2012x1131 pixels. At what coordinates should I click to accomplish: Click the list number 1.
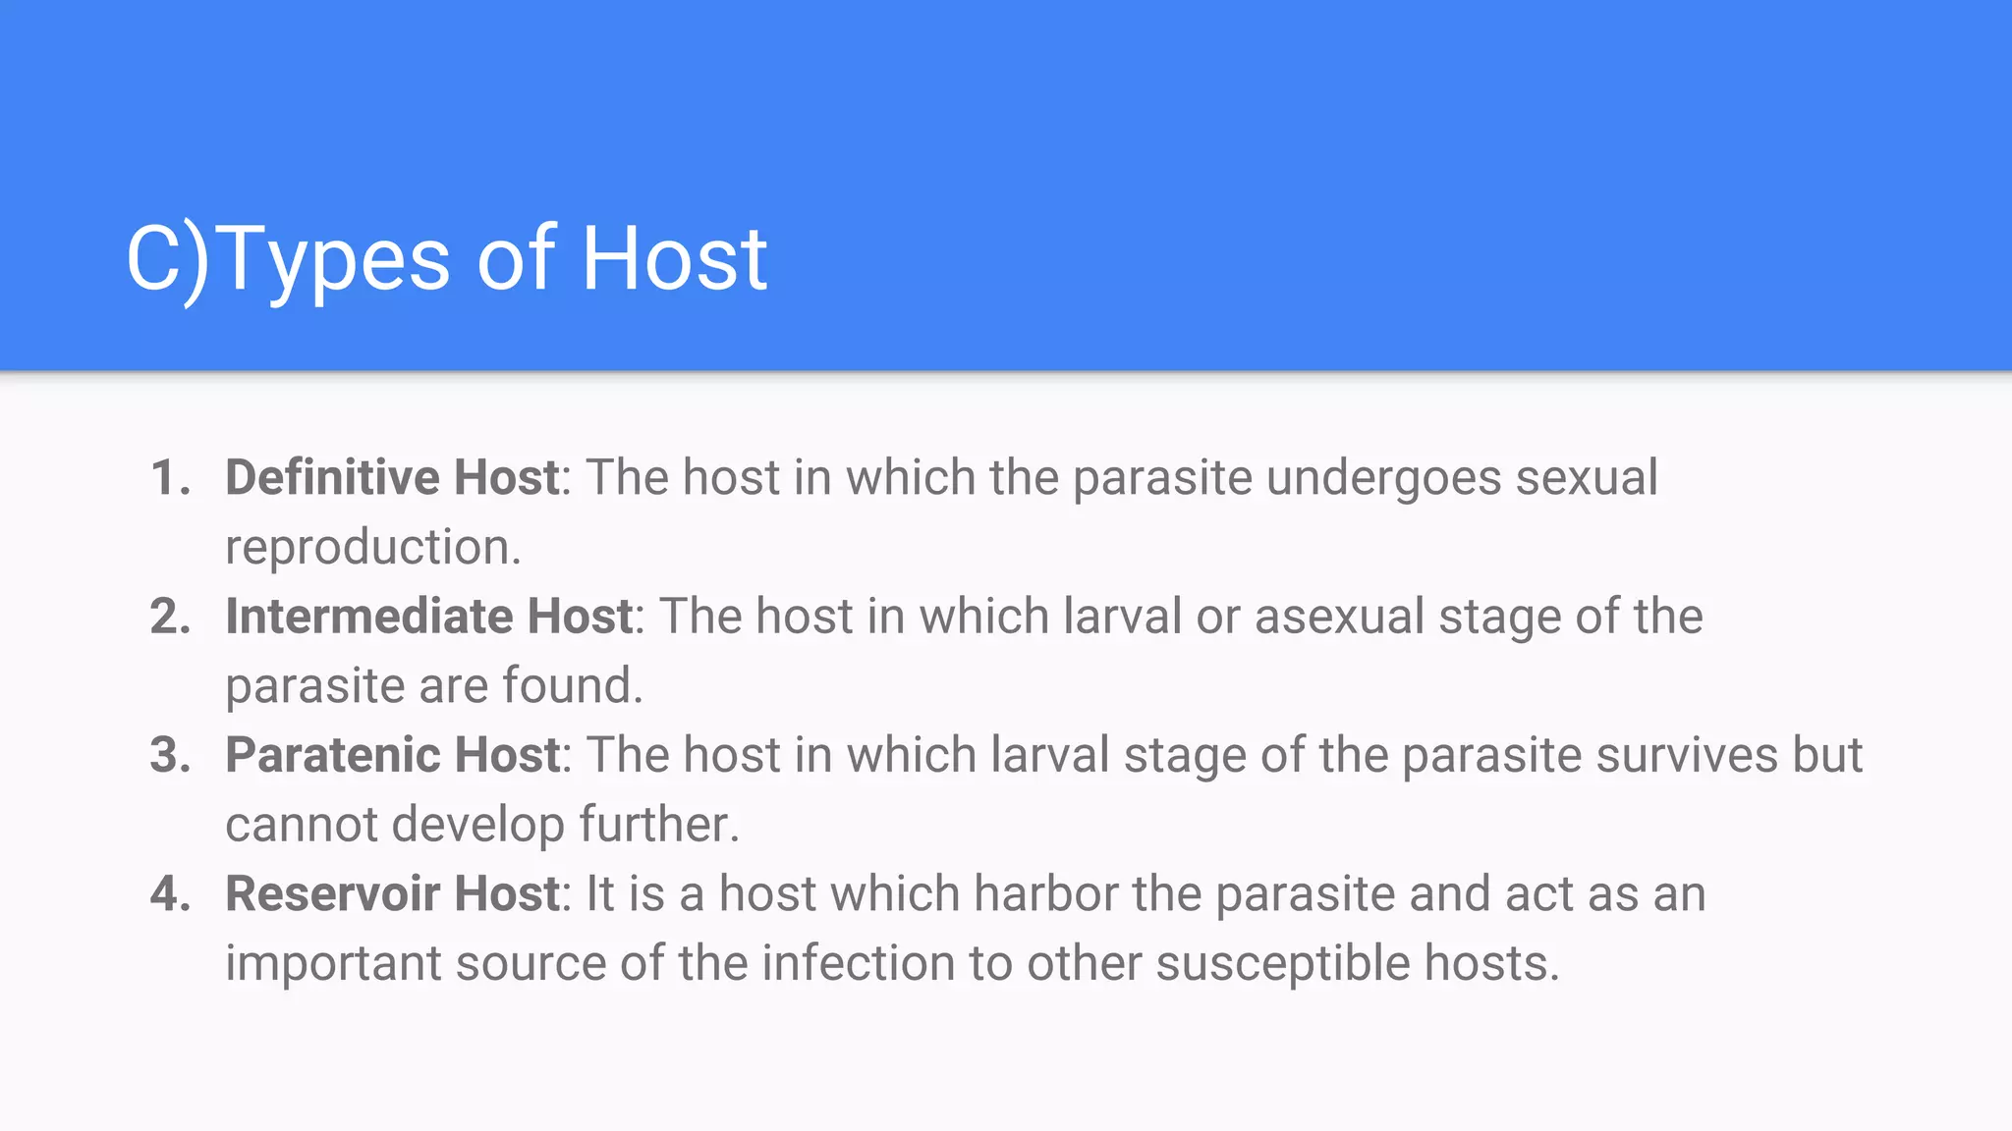(170, 478)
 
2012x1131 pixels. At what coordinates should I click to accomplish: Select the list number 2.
(170, 617)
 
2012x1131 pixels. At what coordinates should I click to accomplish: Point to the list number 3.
(170, 755)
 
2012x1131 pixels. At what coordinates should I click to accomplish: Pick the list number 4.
(170, 893)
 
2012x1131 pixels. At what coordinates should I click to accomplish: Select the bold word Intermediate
(369, 617)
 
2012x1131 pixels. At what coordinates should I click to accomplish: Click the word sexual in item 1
(1587, 478)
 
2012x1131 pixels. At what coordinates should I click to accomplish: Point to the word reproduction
(372, 548)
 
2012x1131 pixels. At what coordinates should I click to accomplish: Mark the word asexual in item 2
(1339, 617)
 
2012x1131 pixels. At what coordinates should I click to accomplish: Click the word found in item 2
(572, 685)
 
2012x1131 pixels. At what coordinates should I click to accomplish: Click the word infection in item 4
(858, 963)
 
